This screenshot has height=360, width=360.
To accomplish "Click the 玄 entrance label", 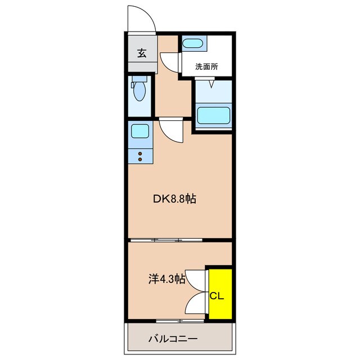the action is coord(142,53).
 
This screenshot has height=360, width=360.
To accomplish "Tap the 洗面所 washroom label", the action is coord(206,66).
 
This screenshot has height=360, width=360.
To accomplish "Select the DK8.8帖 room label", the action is coord(174,199).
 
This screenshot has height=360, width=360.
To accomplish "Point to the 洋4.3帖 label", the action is coord(167,279).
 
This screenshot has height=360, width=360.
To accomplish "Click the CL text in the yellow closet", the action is coord(217,296).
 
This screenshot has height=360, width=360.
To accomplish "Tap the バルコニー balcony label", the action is coord(173,339).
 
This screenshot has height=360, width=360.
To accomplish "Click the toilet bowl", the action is coord(139,91).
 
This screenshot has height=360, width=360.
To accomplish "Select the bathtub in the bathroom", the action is coord(214,115).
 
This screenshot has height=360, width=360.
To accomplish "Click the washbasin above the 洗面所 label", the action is coord(192,43).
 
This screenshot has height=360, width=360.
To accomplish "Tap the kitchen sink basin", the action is coord(140,131).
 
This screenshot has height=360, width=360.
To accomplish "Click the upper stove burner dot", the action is coord(140,154).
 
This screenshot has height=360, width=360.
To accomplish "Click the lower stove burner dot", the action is coord(140,159).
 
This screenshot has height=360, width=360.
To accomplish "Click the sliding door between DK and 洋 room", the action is coord(166,240).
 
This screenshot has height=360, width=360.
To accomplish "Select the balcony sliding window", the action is coord(180,321).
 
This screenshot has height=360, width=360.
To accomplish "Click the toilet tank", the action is coord(139,79).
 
